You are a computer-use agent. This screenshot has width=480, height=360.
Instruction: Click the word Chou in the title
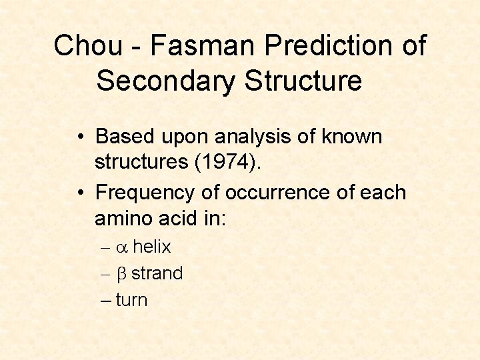[89, 46]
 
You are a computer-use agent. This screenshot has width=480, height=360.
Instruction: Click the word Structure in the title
[303, 81]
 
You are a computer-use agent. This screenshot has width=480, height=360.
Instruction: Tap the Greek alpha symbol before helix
[121, 248]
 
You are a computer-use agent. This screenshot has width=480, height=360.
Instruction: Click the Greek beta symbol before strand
[121, 274]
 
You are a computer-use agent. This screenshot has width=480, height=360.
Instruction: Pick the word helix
[152, 247]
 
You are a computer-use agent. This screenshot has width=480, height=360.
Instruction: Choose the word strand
[157, 273]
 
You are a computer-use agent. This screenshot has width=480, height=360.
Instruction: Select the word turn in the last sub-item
[131, 300]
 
